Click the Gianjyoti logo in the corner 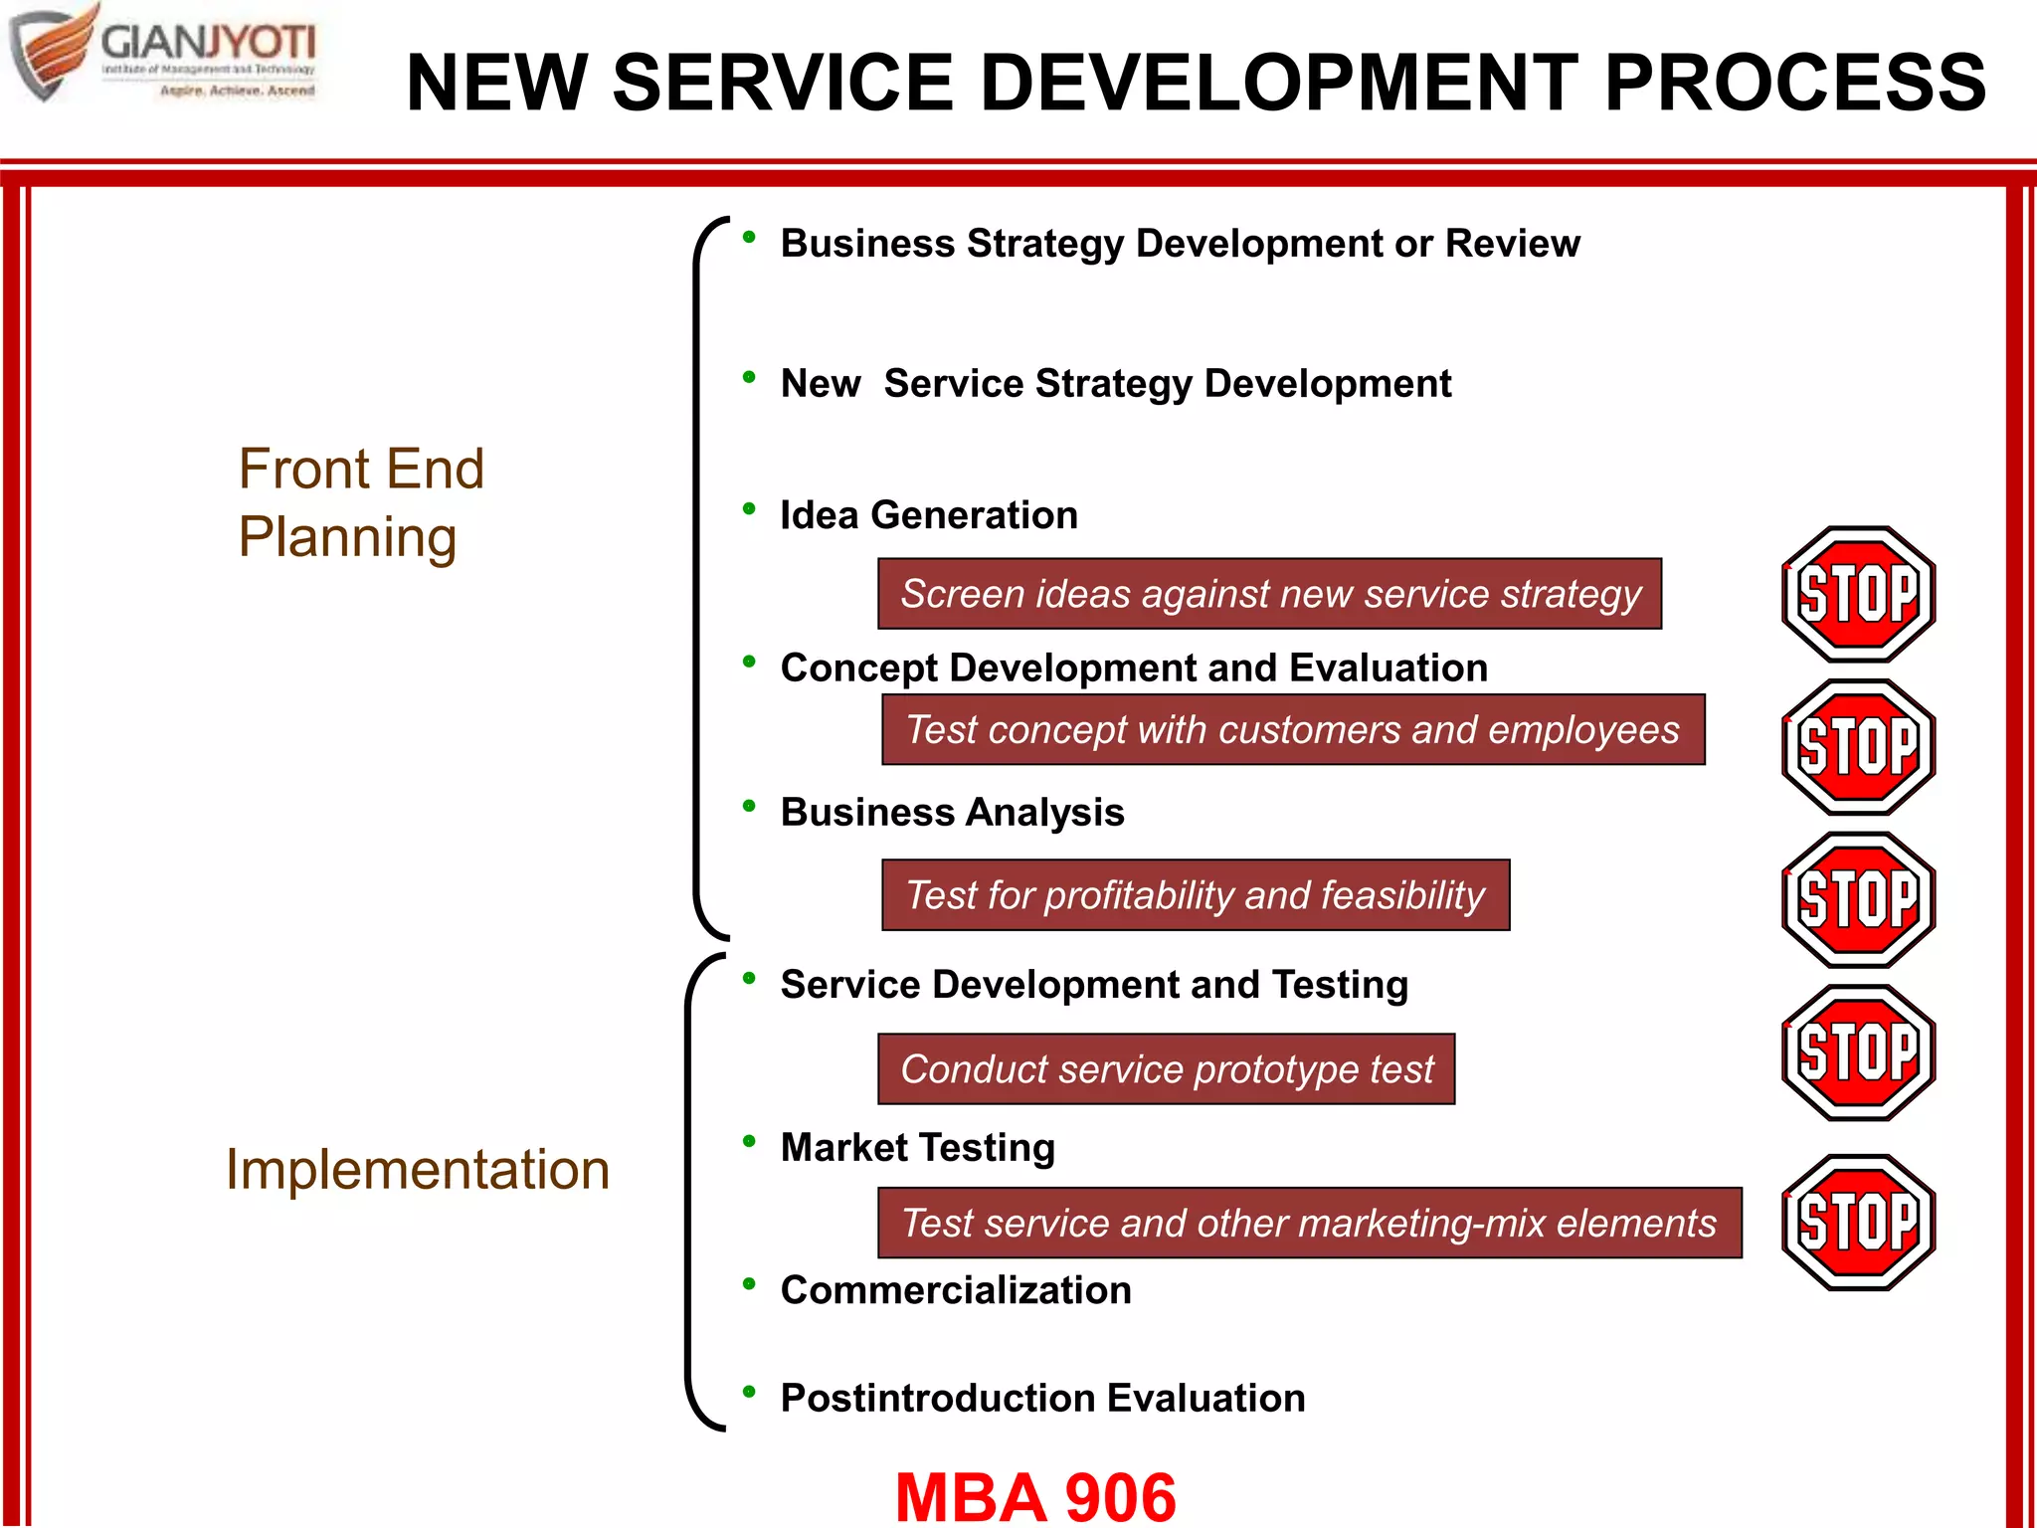(164, 55)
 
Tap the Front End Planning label (360, 502)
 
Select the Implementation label (417, 1169)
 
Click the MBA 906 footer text (1034, 1496)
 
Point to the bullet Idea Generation (928, 515)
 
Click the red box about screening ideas (1269, 594)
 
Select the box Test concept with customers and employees (1292, 730)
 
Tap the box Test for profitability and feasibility (1195, 895)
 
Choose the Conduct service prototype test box (1166, 1069)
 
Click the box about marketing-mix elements (1309, 1223)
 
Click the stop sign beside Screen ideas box (1857, 595)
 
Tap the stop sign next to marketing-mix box (1857, 1222)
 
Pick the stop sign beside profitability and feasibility (1857, 900)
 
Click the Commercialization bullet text (955, 1290)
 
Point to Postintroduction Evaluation (1041, 1398)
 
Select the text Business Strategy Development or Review (1180, 244)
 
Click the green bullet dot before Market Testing (749, 1141)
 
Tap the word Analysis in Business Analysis (1044, 813)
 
